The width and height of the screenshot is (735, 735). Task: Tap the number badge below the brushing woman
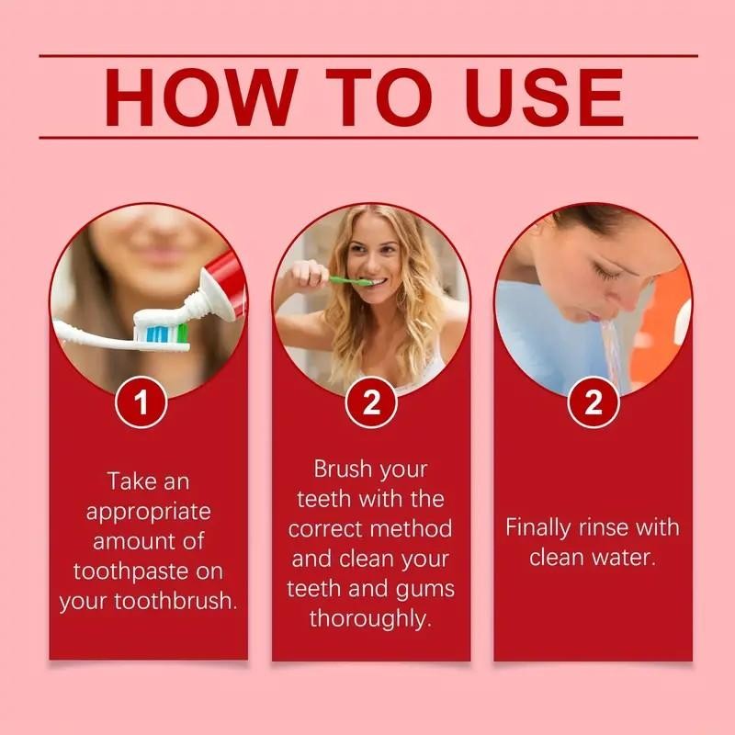click(371, 402)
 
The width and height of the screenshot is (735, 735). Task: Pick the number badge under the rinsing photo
click(594, 402)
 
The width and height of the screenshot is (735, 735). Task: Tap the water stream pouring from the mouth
click(610, 349)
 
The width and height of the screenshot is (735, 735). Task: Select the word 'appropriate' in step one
click(149, 511)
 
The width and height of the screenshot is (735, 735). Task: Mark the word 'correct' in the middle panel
click(327, 529)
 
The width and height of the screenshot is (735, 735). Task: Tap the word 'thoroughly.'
click(370, 618)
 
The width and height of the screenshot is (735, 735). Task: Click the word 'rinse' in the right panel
click(606, 527)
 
